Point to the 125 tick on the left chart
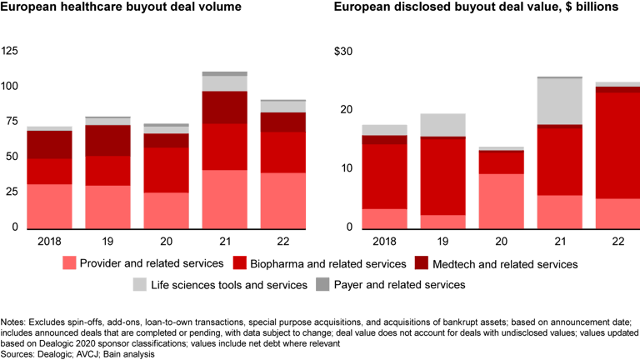tap(10, 52)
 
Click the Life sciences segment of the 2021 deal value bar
tap(558, 101)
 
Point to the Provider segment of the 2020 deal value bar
tap(501, 200)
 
